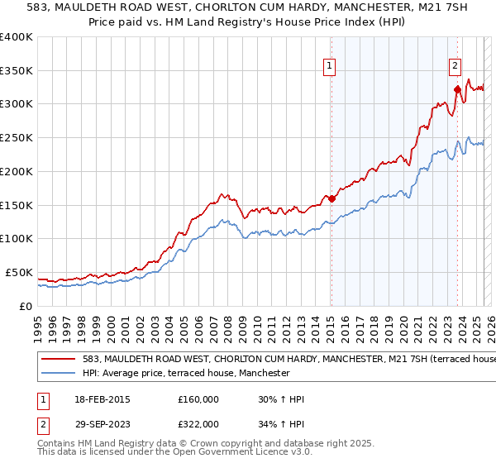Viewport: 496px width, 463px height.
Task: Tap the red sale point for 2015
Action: [x=331, y=198]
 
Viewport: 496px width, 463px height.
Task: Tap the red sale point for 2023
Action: [x=457, y=88]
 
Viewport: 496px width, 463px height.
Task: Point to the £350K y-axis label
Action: [x=17, y=71]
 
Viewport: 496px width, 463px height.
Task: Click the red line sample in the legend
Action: [x=58, y=360]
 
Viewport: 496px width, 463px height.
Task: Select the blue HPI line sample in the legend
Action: [x=58, y=374]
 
